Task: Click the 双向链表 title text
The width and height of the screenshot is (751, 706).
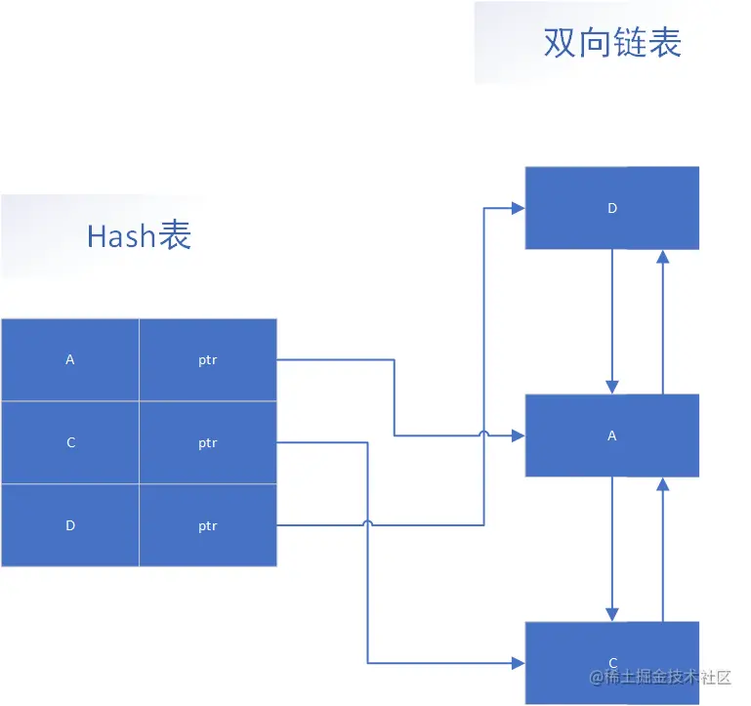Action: pos(612,43)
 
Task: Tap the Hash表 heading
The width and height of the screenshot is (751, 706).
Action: pos(139,235)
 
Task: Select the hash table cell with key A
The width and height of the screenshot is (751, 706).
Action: pos(70,359)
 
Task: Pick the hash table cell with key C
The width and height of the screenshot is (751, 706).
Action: pos(70,442)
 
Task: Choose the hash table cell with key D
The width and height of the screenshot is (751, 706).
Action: pos(70,525)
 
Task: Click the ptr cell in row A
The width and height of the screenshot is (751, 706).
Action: pos(208,359)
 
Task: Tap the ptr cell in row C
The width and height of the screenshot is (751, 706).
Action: pos(208,442)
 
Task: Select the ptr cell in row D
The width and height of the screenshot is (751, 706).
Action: pos(208,525)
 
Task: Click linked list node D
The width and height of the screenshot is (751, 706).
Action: pos(612,208)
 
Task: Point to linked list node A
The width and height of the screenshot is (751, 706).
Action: pos(612,436)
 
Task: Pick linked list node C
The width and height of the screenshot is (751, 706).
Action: pos(612,663)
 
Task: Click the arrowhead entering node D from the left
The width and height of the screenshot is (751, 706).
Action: pos(519,208)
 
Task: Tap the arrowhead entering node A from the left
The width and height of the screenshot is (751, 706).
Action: pos(519,436)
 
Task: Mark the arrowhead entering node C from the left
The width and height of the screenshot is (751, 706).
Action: pos(519,663)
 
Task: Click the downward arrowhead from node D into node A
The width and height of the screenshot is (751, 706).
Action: pos(612,388)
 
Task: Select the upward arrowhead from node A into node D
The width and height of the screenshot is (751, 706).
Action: pos(663,256)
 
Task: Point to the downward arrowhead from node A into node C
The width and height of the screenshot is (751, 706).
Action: pos(612,615)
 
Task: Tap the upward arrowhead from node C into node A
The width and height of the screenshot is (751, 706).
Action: pos(663,483)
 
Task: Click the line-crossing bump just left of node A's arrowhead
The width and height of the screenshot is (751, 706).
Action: pos(484,432)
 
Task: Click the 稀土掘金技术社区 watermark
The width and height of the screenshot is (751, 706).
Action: pos(660,677)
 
